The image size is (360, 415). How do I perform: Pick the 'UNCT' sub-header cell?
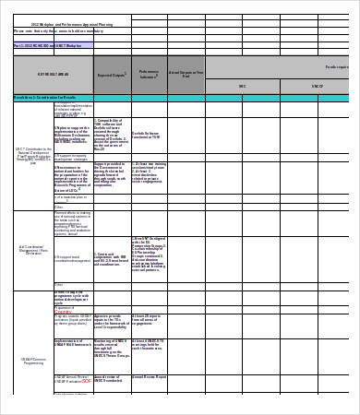pos(313,87)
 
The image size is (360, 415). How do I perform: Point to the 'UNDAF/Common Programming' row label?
pos(32,361)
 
